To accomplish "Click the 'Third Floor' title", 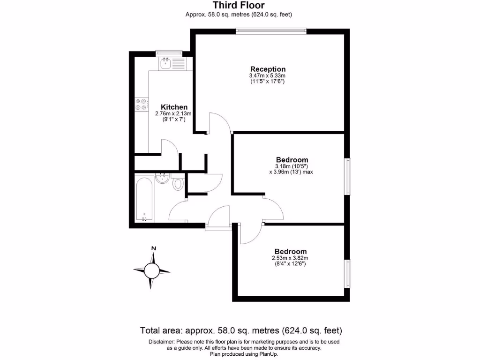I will point(239,6).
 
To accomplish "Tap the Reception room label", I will point(268,69).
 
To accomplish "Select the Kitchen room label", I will point(174,107).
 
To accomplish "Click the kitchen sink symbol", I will point(166,64).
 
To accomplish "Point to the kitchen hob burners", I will point(141,105).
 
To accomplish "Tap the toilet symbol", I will point(178,184).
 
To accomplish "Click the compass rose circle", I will point(152,270).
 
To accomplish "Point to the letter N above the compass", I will point(153,248).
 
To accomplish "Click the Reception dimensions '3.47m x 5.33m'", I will point(268,76).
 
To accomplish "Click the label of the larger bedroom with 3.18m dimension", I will point(292,159).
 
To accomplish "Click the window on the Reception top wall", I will point(271,31).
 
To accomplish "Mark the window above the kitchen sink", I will point(169,52).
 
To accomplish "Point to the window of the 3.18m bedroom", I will point(348,176).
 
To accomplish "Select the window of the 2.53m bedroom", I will point(348,273).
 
